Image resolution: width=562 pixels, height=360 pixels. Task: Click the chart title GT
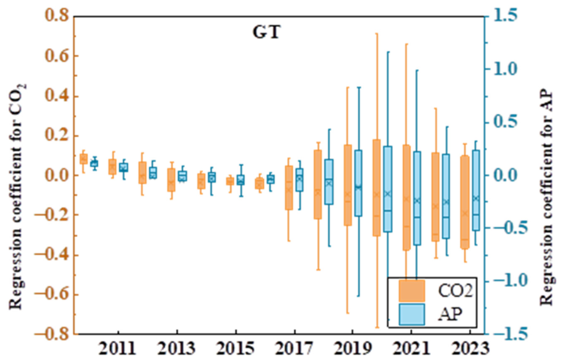pos(267,32)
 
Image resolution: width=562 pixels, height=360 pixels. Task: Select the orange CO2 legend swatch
pos(412,290)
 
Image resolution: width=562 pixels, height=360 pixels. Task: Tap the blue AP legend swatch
pos(412,315)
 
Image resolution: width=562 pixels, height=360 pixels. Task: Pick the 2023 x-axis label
pos(470,348)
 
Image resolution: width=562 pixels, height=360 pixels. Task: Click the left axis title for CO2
pos(16,196)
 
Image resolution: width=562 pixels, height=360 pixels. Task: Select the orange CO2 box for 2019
pos(348,185)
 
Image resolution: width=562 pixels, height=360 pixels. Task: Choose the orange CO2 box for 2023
pos(465,202)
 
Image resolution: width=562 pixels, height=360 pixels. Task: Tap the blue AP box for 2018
pos(329,182)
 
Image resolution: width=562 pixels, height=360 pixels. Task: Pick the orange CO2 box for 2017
pos(289,187)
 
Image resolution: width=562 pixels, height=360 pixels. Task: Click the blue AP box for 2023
pos(475,190)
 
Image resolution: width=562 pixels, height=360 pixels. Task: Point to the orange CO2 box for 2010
pos(84,159)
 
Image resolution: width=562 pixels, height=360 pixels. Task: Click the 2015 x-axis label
pos(235,348)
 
